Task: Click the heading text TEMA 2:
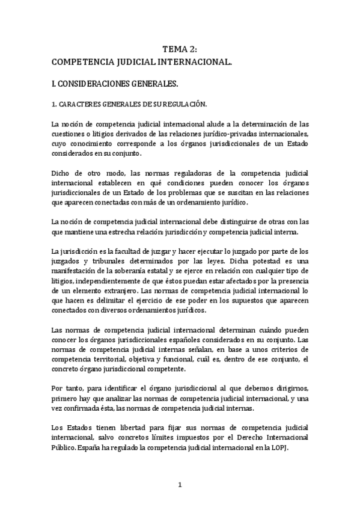pos(180,51)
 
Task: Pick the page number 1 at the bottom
pos(180,485)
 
